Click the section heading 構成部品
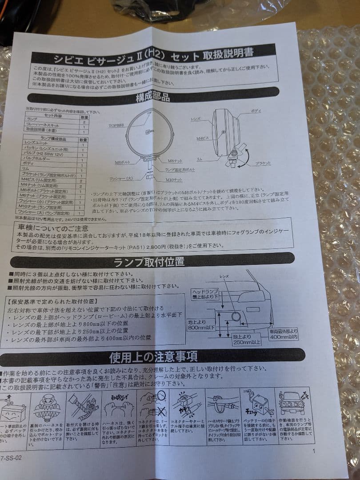[x=153, y=97]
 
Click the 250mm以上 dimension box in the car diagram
[x=245, y=340]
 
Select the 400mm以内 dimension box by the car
[x=283, y=334]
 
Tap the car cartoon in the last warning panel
[x=291, y=403]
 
